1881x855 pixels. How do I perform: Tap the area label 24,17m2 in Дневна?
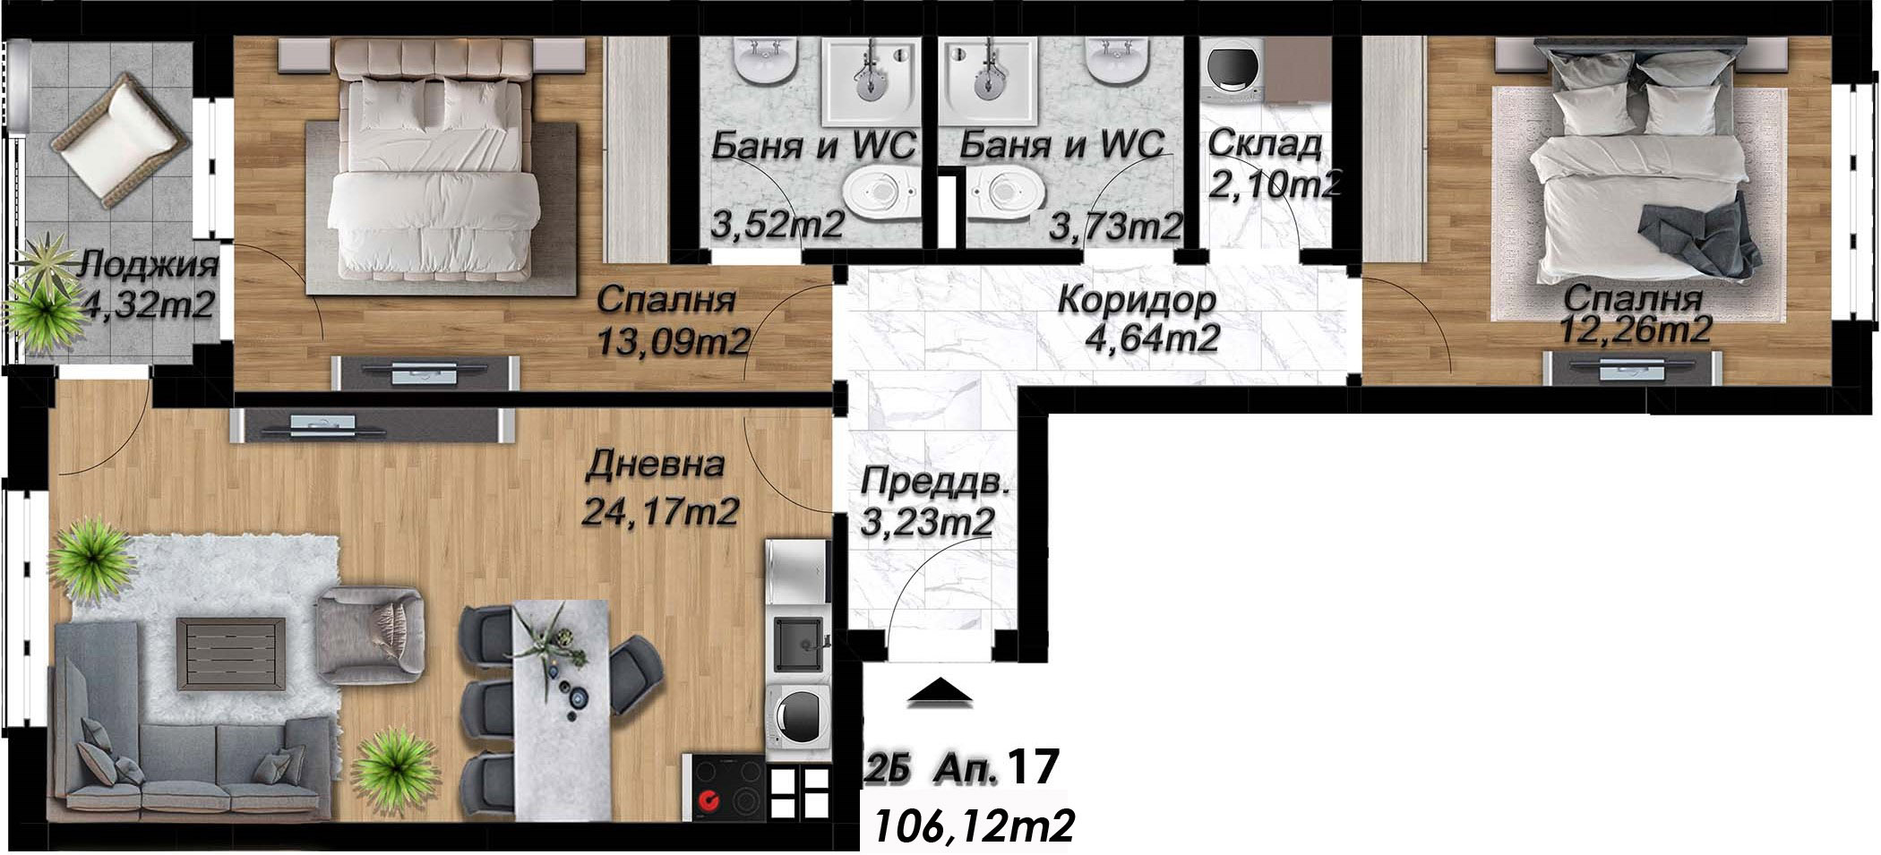click(660, 512)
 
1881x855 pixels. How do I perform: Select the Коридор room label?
click(1137, 300)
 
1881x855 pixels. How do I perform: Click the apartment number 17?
click(1034, 769)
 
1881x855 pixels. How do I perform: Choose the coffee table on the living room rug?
click(231, 654)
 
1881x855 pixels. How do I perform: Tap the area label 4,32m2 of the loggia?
click(147, 305)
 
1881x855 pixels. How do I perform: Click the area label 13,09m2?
click(673, 340)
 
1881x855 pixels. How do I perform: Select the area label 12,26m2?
click(1636, 329)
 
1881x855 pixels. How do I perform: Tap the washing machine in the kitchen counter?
click(798, 714)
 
